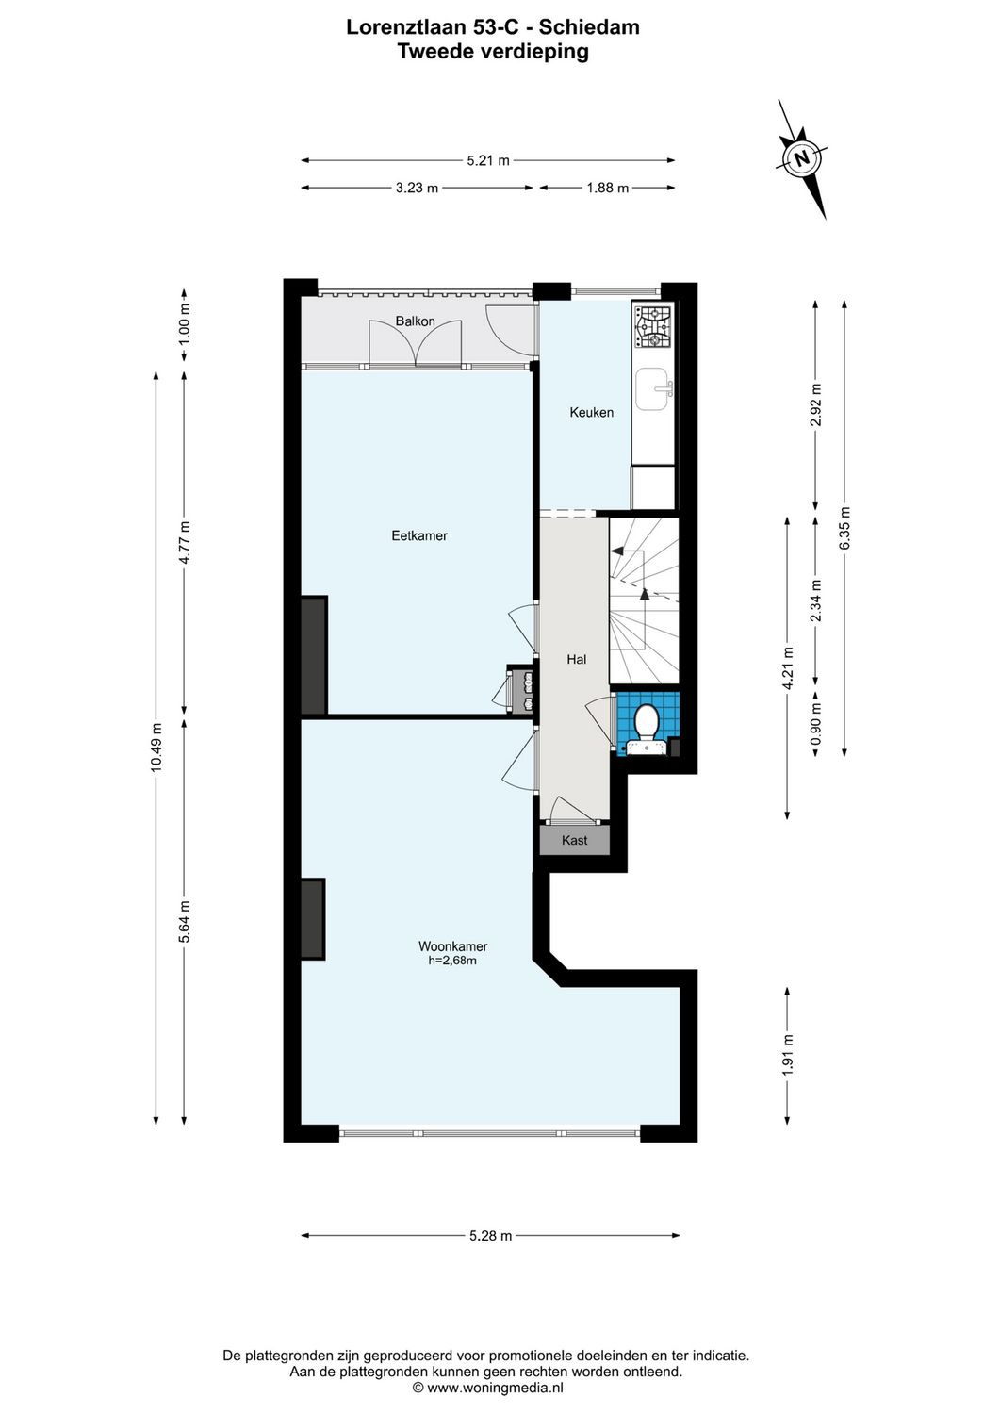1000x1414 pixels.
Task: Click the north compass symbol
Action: click(802, 158)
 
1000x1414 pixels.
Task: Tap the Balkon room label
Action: click(415, 321)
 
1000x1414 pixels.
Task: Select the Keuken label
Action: click(591, 412)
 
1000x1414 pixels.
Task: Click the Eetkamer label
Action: click(419, 535)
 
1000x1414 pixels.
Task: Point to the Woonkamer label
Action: click(452, 946)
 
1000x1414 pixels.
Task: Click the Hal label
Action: click(576, 659)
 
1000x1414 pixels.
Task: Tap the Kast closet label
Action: click(574, 840)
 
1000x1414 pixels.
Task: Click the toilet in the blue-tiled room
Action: click(647, 724)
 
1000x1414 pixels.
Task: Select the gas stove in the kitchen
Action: click(653, 326)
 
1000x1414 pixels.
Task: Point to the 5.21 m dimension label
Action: click(488, 160)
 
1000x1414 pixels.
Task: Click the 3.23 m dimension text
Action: click(417, 188)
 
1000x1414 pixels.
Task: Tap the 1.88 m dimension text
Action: click(607, 188)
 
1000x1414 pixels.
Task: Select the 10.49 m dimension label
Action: click(156, 748)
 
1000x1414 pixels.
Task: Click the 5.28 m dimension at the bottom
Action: click(490, 1236)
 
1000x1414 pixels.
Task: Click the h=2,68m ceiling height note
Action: click(452, 962)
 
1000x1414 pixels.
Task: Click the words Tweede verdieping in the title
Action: click(492, 52)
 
